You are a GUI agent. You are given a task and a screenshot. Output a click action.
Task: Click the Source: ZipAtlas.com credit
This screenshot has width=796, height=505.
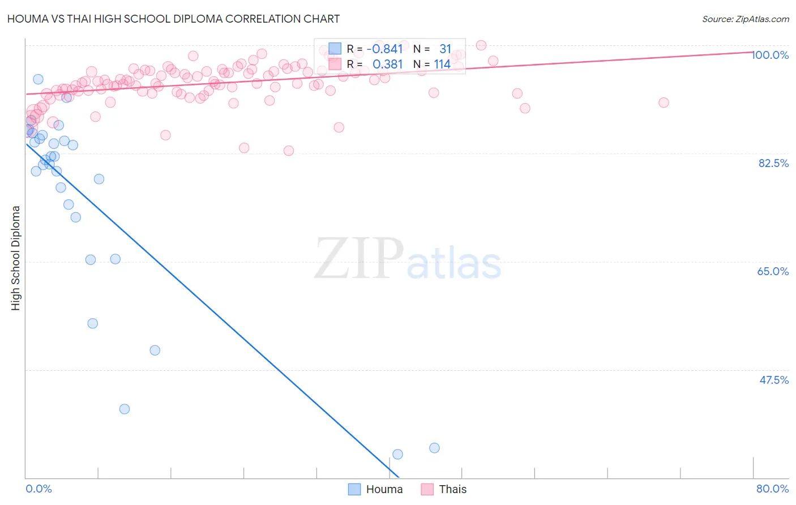tap(745, 19)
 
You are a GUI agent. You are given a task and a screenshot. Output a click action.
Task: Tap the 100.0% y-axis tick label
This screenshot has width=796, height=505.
tap(771, 55)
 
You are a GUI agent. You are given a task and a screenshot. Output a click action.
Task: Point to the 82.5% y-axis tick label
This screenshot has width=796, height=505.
tap(773, 163)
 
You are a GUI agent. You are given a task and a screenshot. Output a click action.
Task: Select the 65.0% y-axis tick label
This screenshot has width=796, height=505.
tap(773, 271)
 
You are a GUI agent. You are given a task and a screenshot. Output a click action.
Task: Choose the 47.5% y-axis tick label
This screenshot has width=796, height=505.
tap(773, 380)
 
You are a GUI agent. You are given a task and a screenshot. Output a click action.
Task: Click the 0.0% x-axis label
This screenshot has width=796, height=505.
tap(38, 489)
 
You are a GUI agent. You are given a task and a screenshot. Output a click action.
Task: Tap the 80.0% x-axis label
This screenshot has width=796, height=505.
tap(772, 489)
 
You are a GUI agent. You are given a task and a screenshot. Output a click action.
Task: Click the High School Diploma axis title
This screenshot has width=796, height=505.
tap(16, 258)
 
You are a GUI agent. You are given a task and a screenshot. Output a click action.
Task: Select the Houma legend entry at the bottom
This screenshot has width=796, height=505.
tap(375, 489)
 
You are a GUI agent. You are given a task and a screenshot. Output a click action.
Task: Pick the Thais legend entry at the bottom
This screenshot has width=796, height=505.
tap(444, 489)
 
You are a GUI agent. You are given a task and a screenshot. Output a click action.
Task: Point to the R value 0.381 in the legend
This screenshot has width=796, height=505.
tap(387, 65)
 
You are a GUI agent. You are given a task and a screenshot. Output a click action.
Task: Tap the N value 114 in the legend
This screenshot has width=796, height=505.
tap(442, 65)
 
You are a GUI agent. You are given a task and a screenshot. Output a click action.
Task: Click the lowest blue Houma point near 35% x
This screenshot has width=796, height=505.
tap(397, 454)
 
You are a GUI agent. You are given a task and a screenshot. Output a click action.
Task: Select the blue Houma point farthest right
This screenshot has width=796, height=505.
tap(434, 448)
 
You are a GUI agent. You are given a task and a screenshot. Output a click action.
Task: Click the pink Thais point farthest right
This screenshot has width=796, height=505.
tap(664, 102)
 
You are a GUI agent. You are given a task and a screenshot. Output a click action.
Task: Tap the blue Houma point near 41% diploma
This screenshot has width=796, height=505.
tap(125, 409)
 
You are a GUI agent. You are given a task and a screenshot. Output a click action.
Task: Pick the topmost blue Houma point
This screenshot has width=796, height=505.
tap(38, 79)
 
